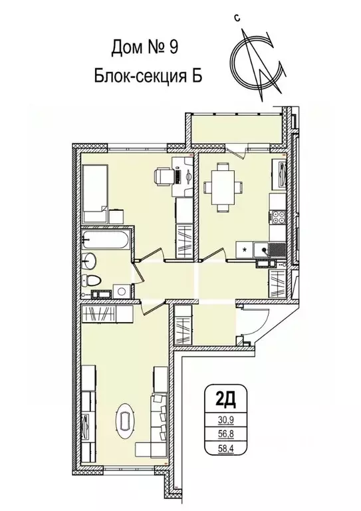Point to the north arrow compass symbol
[256, 61]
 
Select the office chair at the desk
[163, 177]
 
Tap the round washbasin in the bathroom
[90, 260]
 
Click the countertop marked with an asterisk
[245, 250]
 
